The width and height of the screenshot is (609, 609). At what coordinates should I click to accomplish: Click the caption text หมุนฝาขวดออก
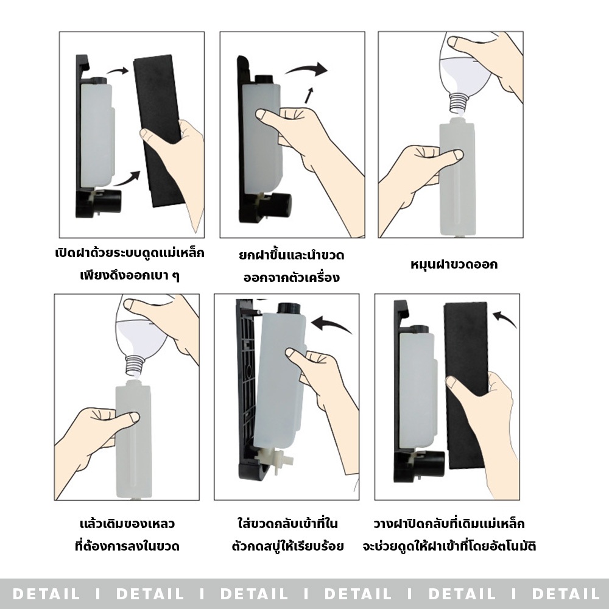(x=454, y=265)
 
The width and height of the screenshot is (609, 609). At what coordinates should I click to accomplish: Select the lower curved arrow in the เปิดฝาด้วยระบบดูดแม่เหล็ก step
(x=127, y=179)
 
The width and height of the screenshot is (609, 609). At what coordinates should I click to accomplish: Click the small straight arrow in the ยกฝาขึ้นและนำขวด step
(x=310, y=95)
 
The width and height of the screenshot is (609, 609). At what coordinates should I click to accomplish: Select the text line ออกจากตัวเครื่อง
(x=291, y=278)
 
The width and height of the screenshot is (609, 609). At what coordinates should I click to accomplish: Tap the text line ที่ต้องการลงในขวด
(x=127, y=546)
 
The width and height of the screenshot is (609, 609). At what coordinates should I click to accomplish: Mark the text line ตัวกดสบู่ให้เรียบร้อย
(x=288, y=546)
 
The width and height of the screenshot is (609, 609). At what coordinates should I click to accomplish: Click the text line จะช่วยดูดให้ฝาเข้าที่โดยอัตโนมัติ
(x=455, y=546)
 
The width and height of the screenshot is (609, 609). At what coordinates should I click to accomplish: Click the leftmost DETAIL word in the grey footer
(x=46, y=593)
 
